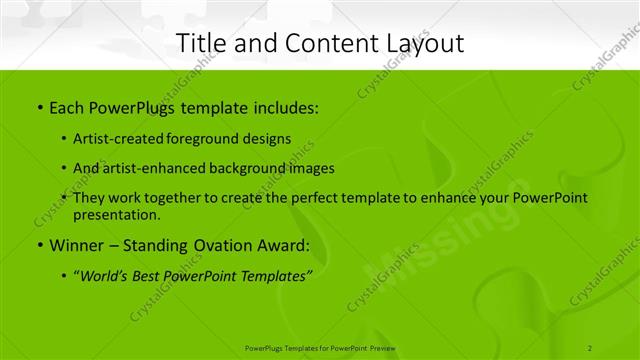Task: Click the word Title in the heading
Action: tap(198, 44)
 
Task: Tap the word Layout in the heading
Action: tap(426, 44)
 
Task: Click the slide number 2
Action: tap(591, 348)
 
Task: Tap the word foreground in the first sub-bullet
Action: tap(216, 138)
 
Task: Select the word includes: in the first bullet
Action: tap(285, 106)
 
